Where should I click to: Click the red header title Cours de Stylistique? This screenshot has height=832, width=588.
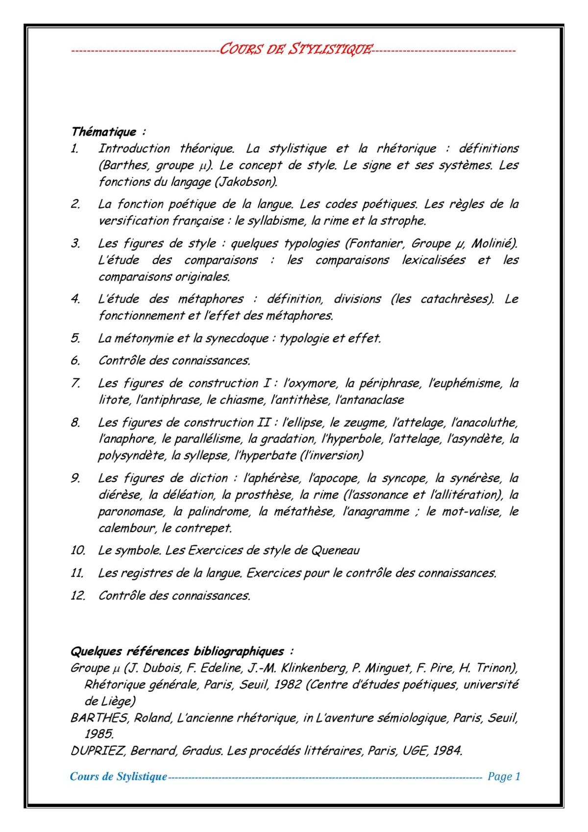click(x=295, y=50)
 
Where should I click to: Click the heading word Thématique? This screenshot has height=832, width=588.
click(x=104, y=132)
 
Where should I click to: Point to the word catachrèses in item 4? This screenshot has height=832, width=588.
click(x=456, y=299)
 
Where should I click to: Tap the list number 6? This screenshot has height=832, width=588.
click(x=75, y=361)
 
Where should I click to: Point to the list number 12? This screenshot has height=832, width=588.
click(x=77, y=596)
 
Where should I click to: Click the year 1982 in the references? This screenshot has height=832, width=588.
click(x=288, y=684)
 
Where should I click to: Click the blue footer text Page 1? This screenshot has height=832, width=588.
click(x=504, y=777)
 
